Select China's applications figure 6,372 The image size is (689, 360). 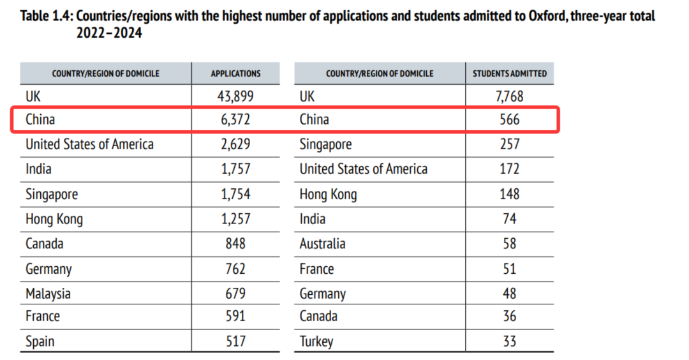(235, 119)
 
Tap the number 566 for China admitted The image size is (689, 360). (509, 119)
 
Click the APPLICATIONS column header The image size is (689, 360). (235, 73)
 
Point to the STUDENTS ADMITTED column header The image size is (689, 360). (509, 73)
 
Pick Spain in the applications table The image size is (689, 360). (40, 341)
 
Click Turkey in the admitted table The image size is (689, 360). (316, 341)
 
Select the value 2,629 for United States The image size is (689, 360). (235, 144)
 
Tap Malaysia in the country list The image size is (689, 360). (48, 294)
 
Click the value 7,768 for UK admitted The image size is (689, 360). (509, 96)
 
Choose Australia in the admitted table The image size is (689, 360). (322, 244)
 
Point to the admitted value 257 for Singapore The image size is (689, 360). (509, 144)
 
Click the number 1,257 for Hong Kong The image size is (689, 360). (235, 220)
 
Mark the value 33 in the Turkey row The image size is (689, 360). (509, 341)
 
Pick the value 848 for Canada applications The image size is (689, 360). (235, 244)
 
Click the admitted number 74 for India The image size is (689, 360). (509, 220)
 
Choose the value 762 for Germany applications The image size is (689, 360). (235, 269)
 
